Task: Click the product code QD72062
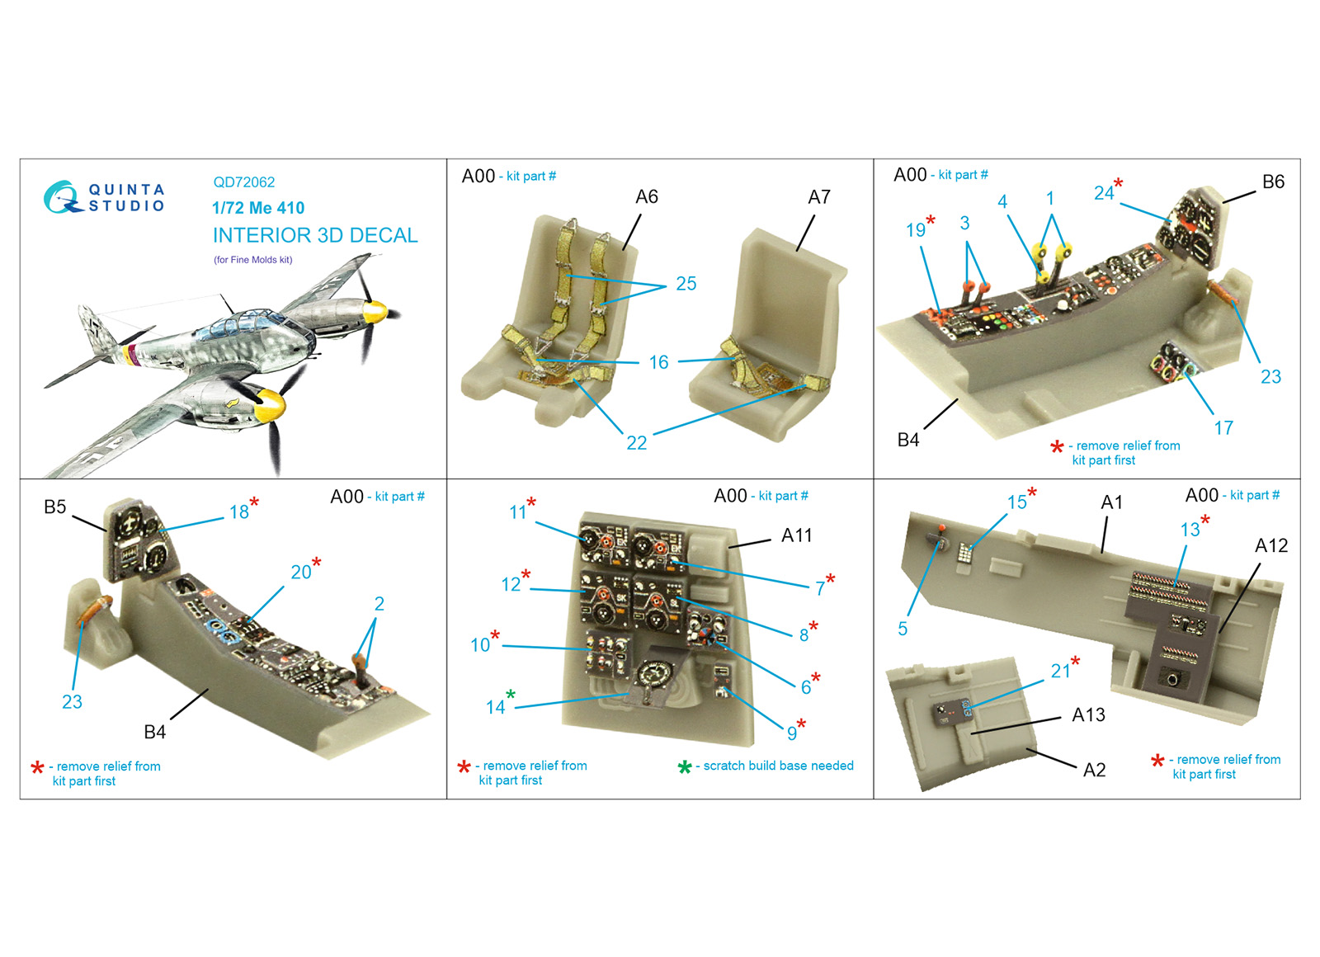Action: pyautogui.click(x=244, y=182)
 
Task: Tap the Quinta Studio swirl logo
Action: pyautogui.click(x=61, y=197)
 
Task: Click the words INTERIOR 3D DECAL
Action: pyautogui.click(x=315, y=235)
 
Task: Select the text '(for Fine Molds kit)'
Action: pyautogui.click(x=252, y=260)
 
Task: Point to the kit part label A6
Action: pyautogui.click(x=647, y=197)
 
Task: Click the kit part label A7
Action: pyautogui.click(x=819, y=197)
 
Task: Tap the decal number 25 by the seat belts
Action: pyautogui.click(x=686, y=284)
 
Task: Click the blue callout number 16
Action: pyautogui.click(x=658, y=362)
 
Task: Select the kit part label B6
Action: pyautogui.click(x=1274, y=181)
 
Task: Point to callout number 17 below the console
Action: pyautogui.click(x=1223, y=428)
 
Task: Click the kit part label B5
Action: pyautogui.click(x=54, y=507)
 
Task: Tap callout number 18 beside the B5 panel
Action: pyautogui.click(x=238, y=512)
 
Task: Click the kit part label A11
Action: pyautogui.click(x=796, y=535)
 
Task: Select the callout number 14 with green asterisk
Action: pyautogui.click(x=495, y=707)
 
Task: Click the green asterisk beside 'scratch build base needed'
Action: pyautogui.click(x=684, y=766)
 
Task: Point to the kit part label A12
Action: pyautogui.click(x=1271, y=545)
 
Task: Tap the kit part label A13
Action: pyautogui.click(x=1088, y=714)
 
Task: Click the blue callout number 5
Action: pyautogui.click(x=903, y=629)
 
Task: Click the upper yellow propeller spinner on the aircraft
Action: pyautogui.click(x=375, y=312)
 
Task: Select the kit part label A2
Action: pyautogui.click(x=1094, y=770)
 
